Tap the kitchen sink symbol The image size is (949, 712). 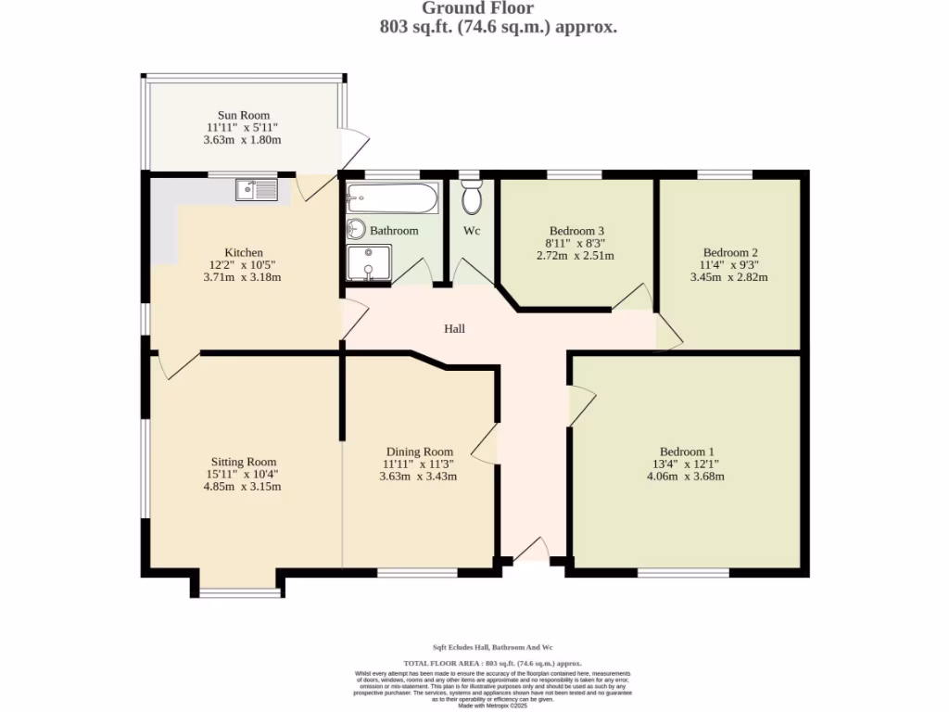click(x=256, y=190)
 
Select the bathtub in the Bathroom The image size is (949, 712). click(x=392, y=198)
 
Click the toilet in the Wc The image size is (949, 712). click(x=472, y=197)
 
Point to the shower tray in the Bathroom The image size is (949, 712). click(x=369, y=261)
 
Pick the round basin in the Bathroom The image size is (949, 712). click(x=356, y=229)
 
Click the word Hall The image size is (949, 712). click(x=454, y=329)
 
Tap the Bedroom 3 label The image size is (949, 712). click(x=576, y=231)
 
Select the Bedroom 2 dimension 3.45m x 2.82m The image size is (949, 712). click(x=729, y=276)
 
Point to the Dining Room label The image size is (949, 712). click(x=419, y=451)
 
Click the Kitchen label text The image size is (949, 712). click(x=244, y=252)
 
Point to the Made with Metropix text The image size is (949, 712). click(x=493, y=706)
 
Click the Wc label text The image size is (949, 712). click(x=472, y=231)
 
